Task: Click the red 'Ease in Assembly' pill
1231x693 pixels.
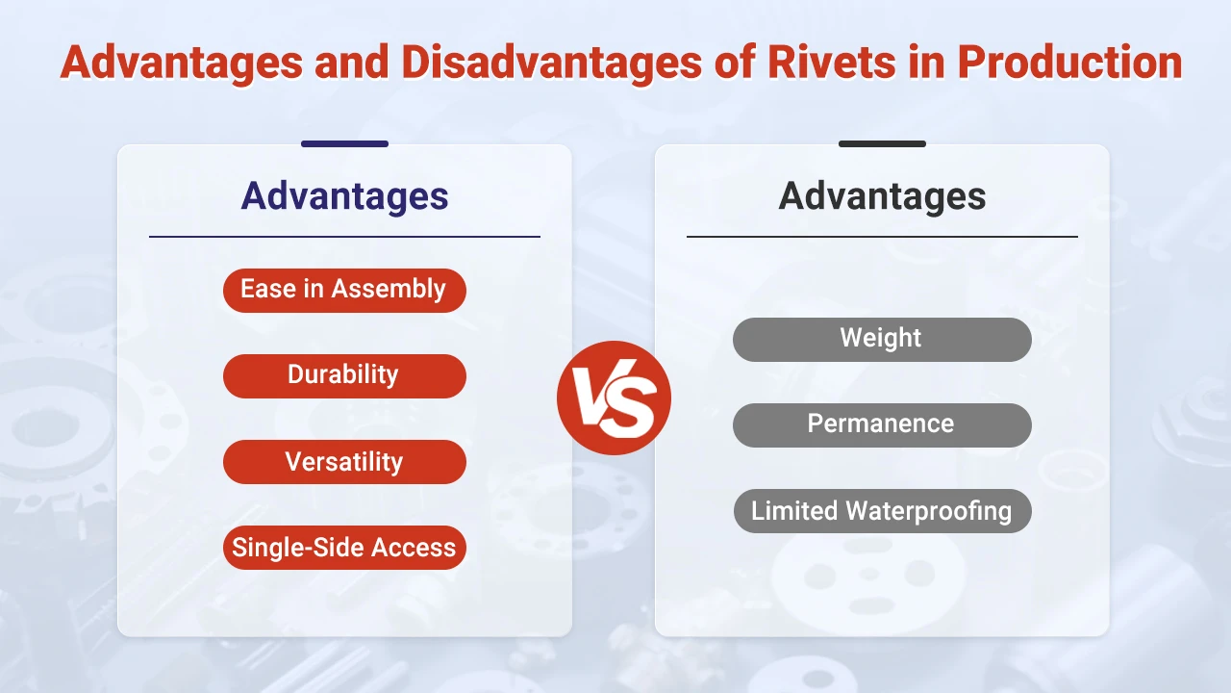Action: (344, 290)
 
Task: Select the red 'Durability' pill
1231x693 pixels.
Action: (344, 375)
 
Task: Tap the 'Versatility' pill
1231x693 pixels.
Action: (344, 461)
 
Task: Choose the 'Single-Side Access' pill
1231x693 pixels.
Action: (344, 547)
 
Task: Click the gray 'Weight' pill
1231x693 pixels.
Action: (881, 339)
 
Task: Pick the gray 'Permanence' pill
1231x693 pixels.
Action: (881, 424)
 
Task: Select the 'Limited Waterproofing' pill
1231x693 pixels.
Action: (881, 510)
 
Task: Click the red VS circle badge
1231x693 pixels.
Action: (614, 398)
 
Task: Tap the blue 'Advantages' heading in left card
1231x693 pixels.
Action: (344, 195)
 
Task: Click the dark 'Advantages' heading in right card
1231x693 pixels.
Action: (882, 195)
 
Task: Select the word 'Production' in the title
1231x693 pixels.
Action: (1069, 62)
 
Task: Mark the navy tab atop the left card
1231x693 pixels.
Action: (344, 143)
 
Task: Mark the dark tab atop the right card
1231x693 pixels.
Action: (882, 143)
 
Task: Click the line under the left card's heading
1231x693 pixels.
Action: (344, 236)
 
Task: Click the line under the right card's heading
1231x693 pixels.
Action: (882, 236)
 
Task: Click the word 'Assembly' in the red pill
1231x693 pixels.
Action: (399, 290)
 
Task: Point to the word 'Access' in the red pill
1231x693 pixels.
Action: (414, 547)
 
